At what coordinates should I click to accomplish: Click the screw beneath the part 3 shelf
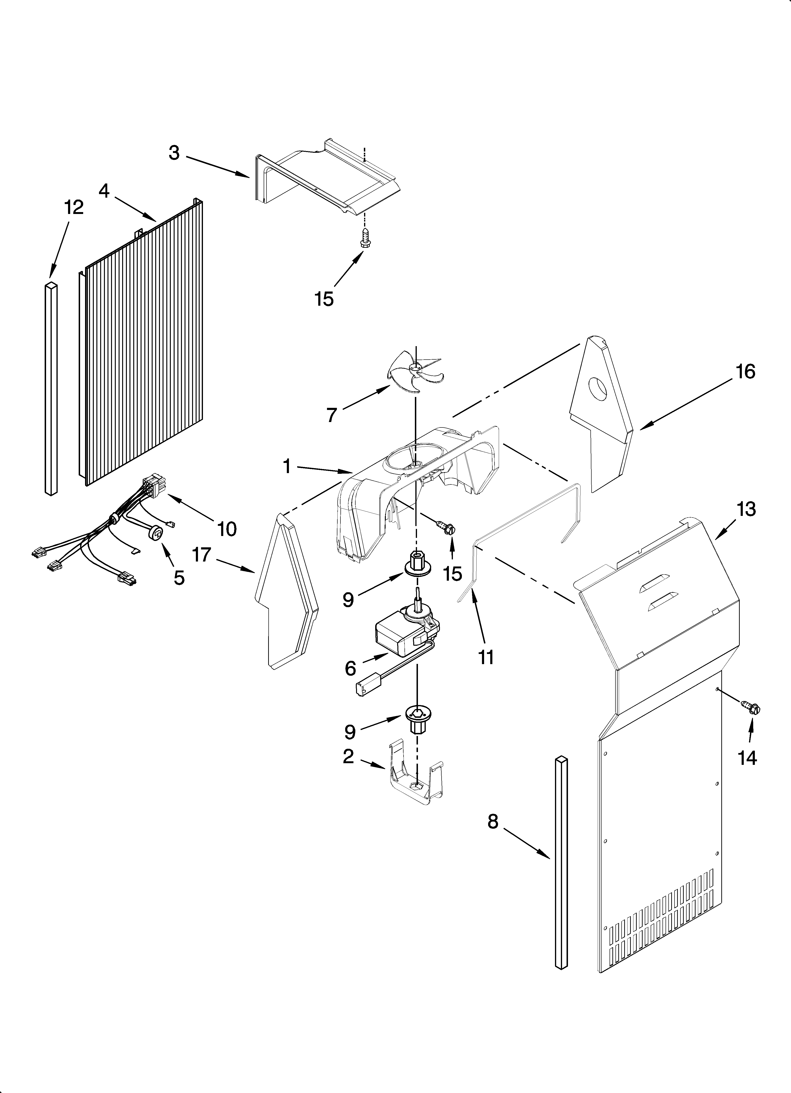coord(365,239)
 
